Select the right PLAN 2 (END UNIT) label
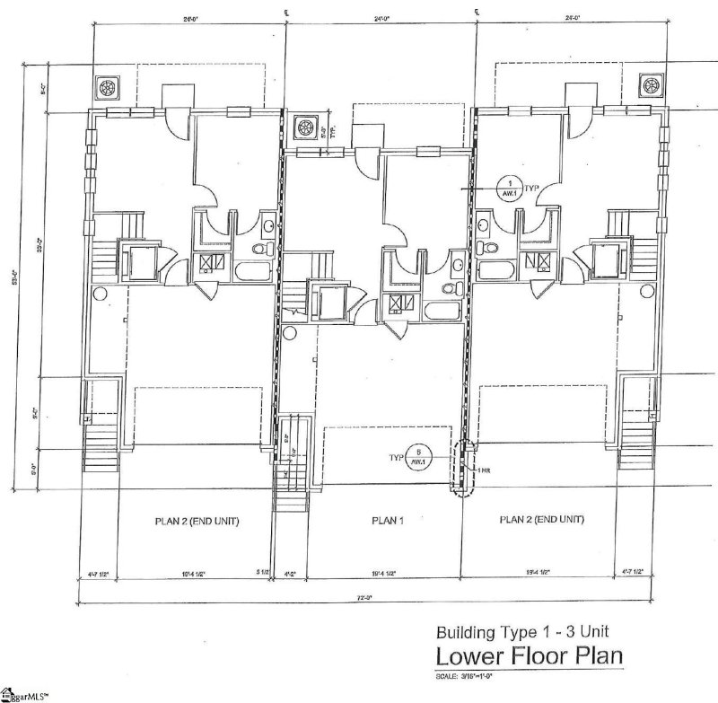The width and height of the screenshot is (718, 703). [x=541, y=519]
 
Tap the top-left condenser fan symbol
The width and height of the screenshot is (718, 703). [x=108, y=87]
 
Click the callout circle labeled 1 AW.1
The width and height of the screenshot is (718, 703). [x=510, y=187]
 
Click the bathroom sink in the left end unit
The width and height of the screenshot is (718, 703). [x=268, y=224]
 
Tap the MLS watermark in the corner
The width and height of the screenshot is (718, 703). [x=24, y=694]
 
